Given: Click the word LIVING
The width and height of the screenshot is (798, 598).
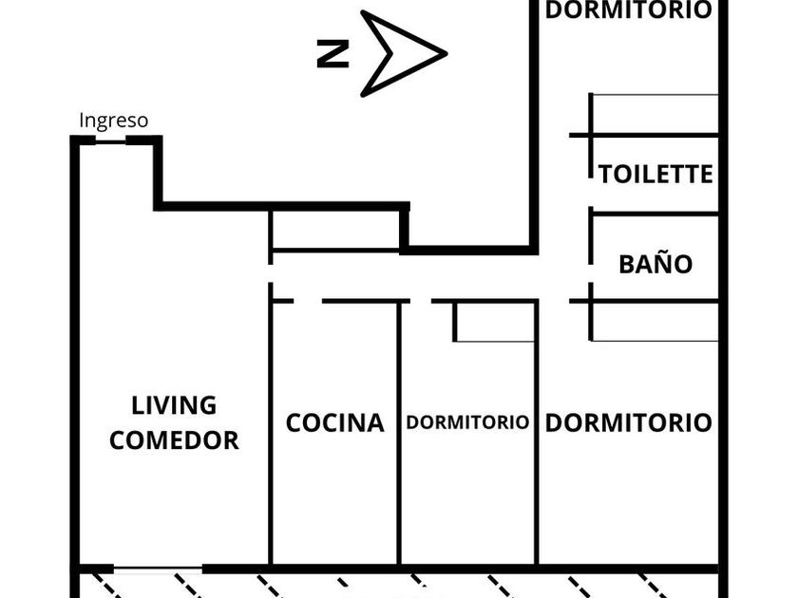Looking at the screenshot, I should (174, 405).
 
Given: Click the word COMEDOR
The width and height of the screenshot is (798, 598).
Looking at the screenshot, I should (174, 440).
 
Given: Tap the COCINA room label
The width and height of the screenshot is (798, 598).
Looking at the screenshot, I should (334, 422).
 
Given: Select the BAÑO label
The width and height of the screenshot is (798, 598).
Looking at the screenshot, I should (655, 264).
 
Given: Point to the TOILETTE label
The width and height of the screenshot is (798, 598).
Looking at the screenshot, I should (655, 175).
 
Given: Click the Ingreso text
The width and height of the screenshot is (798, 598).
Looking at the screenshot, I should (113, 121).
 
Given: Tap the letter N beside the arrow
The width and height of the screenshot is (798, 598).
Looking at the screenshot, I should (332, 55).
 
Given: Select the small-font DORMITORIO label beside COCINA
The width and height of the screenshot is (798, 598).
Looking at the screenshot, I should (466, 422).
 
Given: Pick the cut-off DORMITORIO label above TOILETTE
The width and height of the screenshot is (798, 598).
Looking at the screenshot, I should (628, 10).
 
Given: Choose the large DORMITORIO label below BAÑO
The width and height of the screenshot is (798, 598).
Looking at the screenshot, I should (628, 422).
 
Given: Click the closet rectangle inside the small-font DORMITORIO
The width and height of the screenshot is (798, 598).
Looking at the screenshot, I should (494, 322).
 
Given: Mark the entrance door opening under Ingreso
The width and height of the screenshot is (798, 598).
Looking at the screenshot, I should (111, 140).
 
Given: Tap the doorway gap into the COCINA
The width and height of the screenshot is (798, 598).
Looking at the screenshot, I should (307, 301).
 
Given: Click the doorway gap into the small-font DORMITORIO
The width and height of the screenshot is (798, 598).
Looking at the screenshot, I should (420, 301).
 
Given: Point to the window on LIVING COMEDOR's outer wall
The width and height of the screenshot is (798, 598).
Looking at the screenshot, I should (159, 569).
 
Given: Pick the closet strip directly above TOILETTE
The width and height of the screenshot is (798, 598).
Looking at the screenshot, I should (655, 114).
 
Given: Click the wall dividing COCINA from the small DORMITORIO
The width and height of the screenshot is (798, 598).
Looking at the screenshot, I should (400, 432).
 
